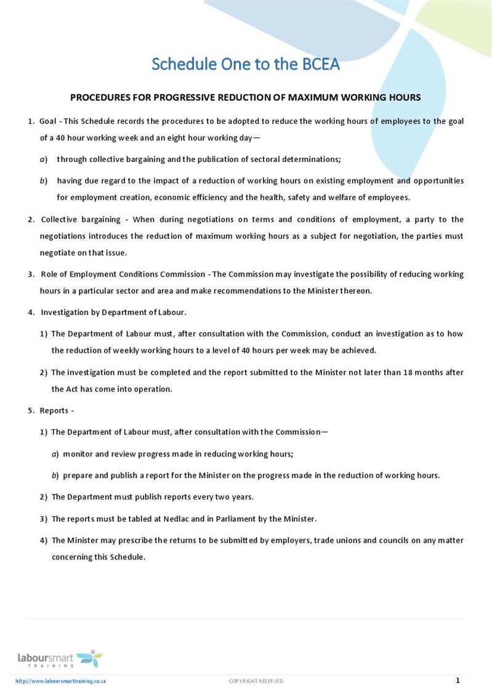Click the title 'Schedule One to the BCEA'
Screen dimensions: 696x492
click(x=246, y=64)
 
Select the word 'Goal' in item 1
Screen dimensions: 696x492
click(x=47, y=121)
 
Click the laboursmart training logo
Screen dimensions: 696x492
click(x=60, y=658)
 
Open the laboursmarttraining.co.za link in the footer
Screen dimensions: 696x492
click(x=61, y=681)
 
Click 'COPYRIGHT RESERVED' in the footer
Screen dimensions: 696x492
click(x=256, y=681)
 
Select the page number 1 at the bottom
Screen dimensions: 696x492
click(x=458, y=681)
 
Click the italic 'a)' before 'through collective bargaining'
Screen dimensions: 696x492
click(x=44, y=160)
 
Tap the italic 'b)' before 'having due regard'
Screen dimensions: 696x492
click(x=44, y=181)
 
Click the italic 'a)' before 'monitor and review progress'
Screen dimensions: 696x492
click(x=55, y=454)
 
